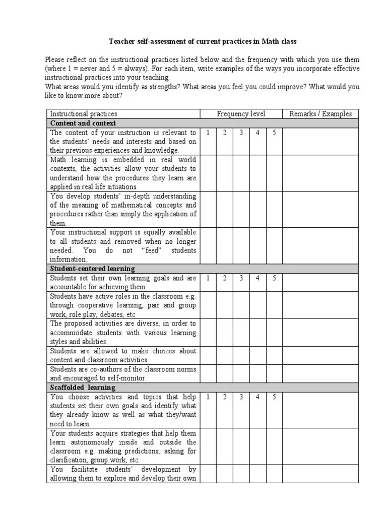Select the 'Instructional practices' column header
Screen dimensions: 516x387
coord(83,114)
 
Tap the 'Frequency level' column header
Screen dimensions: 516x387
coord(241,114)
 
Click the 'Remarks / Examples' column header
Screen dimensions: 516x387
coord(320,114)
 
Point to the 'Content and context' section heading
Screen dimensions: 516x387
coord(83,123)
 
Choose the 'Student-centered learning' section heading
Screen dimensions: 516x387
coord(92,269)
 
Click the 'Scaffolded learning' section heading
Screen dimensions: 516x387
coord(83,388)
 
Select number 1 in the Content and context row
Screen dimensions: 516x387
coord(208,133)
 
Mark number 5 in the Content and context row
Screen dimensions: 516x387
coord(274,133)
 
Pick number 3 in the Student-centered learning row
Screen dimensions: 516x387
coord(241,278)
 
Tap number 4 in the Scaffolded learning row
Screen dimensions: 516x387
coord(257,397)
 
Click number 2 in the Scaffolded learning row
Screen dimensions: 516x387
coord(225,397)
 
